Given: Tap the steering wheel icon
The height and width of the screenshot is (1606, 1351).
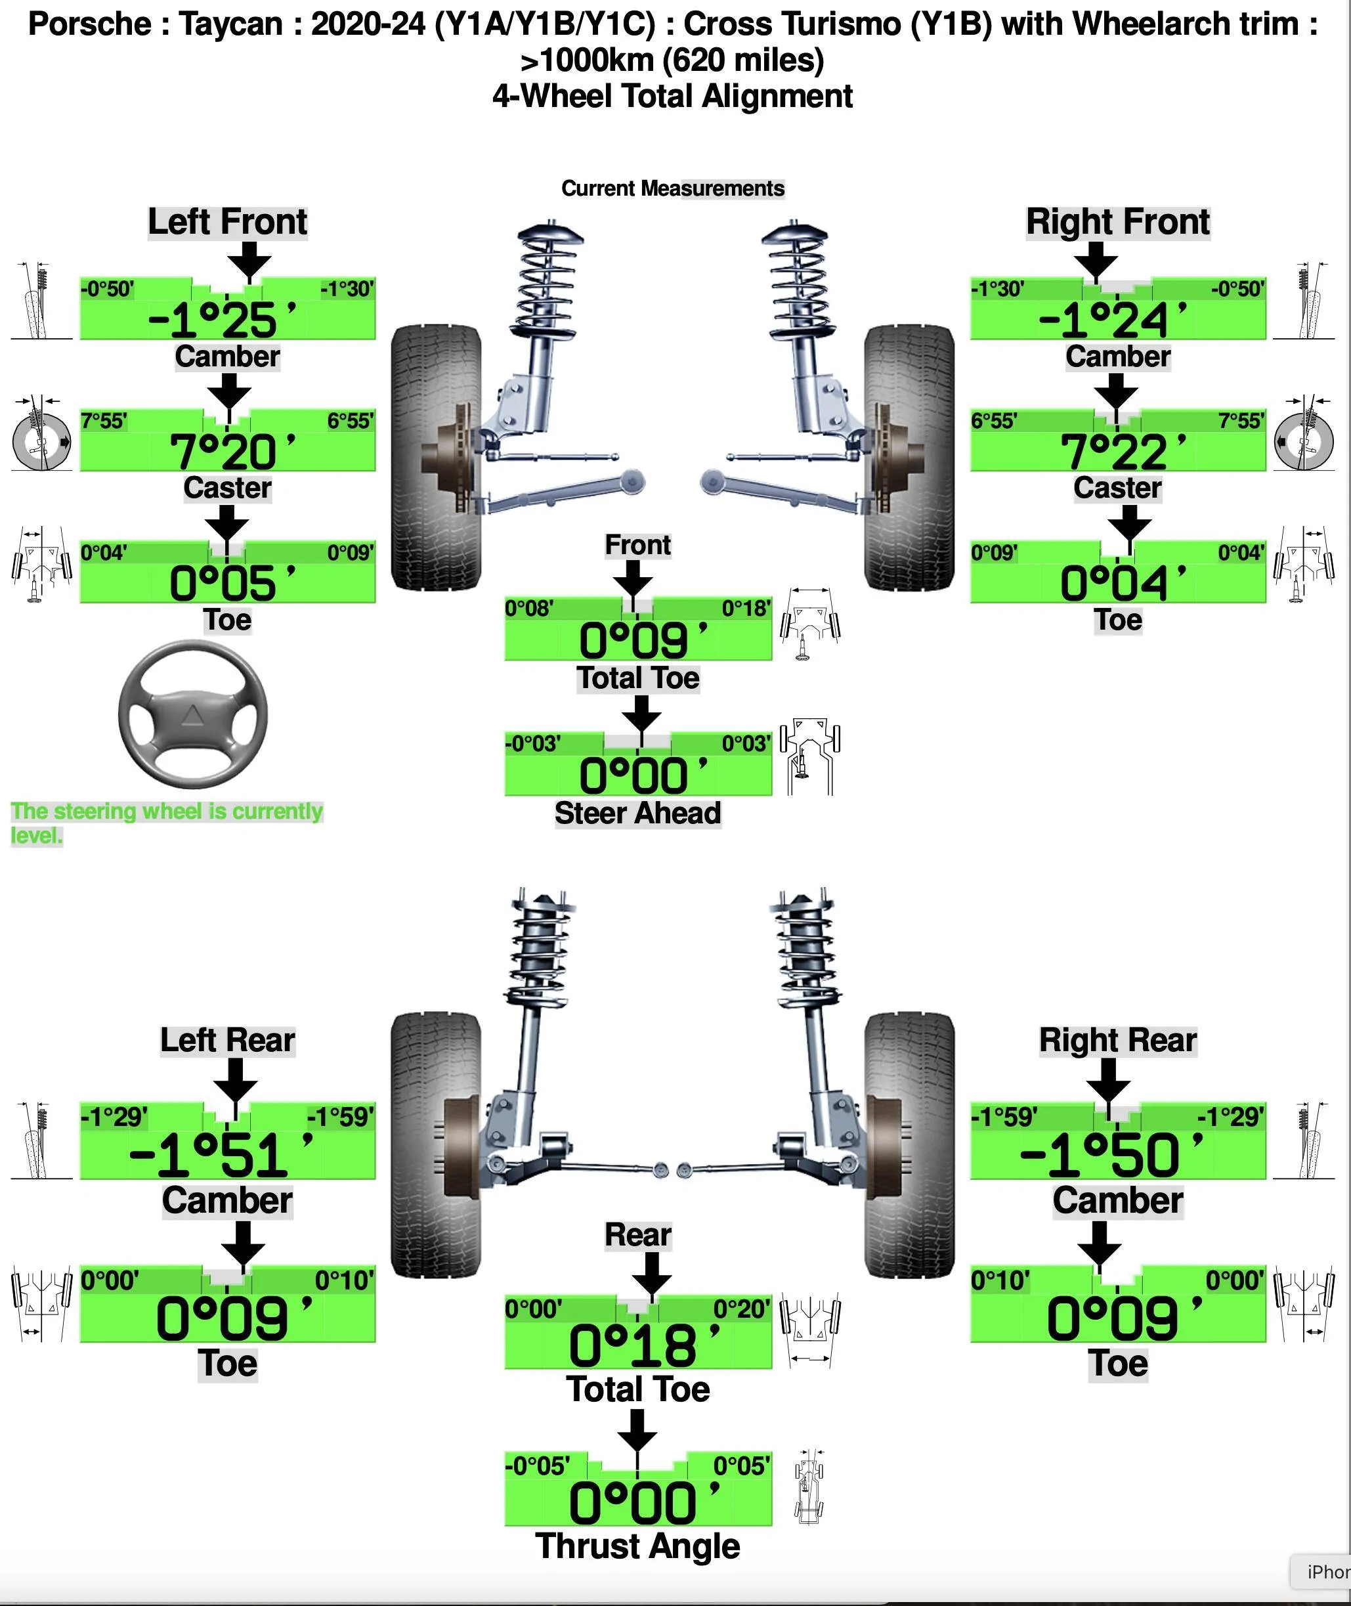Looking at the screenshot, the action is [x=193, y=714].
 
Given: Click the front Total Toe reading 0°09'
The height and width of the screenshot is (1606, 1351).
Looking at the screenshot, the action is [x=643, y=640].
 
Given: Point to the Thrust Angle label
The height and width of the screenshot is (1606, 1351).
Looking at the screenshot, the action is [x=637, y=1546].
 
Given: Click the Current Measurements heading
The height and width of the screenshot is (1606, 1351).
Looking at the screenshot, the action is [x=672, y=188].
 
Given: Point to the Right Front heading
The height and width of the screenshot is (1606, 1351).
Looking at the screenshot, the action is [x=1117, y=222].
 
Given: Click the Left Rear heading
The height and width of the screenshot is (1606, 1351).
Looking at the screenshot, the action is [x=227, y=1041].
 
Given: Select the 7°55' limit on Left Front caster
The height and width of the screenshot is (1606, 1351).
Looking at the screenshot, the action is [x=104, y=420].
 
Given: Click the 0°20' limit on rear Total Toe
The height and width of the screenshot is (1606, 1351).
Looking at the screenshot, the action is [x=741, y=1309].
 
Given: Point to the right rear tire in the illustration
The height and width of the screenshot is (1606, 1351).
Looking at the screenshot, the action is [x=910, y=1145].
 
